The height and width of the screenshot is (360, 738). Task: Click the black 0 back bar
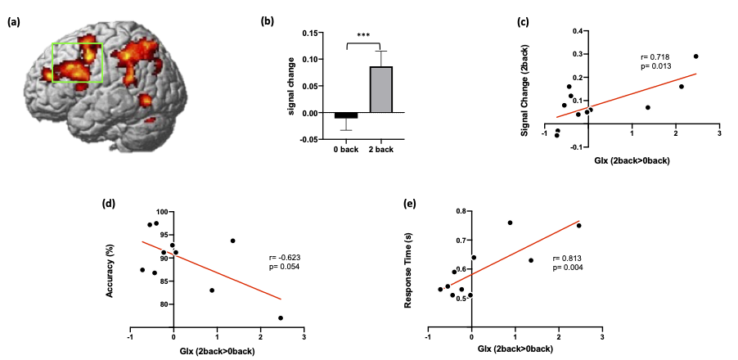click(346, 115)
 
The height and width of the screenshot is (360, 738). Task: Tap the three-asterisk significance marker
click(363, 37)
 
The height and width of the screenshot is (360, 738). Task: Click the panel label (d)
click(108, 203)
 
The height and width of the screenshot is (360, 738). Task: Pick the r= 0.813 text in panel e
click(580, 259)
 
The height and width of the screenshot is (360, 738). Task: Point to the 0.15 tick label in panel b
click(308, 34)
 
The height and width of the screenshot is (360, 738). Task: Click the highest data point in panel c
click(695, 56)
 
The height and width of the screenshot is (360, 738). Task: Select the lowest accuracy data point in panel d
click(281, 317)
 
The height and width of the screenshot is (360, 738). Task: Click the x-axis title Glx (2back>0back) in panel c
click(632, 160)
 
